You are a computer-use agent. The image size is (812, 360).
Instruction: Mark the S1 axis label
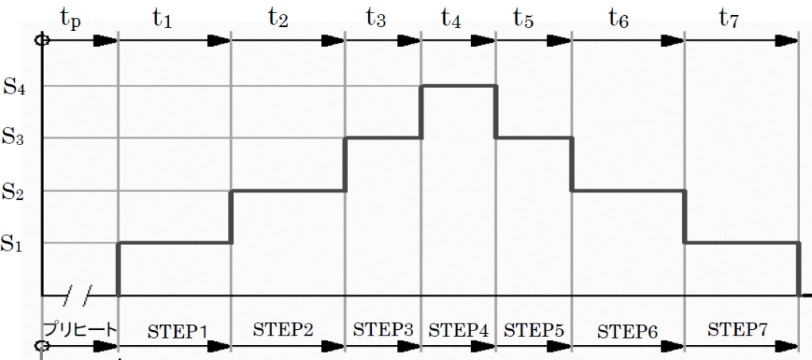(15, 244)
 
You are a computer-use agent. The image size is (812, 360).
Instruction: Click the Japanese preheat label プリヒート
(80, 328)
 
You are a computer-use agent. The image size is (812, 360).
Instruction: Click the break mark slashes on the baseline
(77, 295)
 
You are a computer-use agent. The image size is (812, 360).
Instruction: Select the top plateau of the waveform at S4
(458, 86)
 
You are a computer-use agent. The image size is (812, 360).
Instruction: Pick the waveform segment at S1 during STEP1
(174, 243)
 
